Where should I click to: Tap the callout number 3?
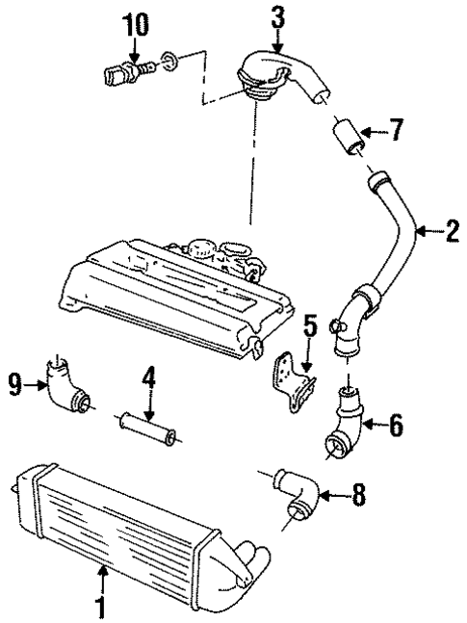click(x=278, y=16)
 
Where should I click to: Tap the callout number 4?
click(x=147, y=376)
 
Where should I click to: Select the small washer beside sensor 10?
click(x=169, y=64)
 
